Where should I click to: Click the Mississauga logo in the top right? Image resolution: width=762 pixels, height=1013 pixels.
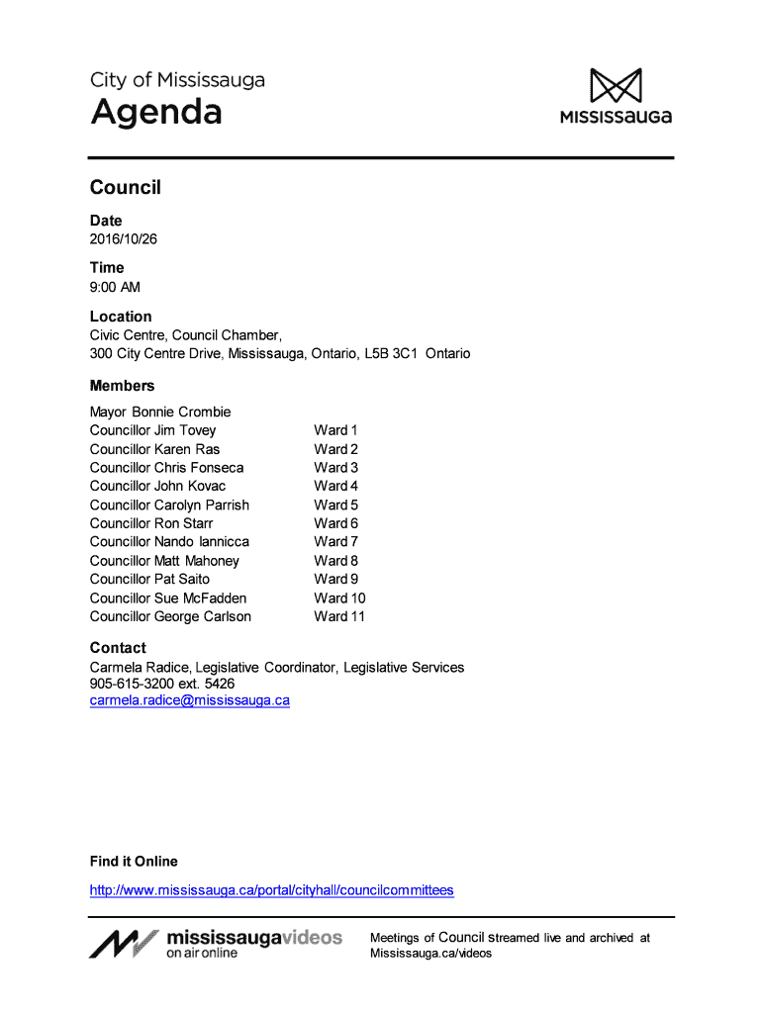pyautogui.click(x=616, y=96)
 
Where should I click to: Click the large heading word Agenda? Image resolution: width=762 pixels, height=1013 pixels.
pyautogui.click(x=156, y=113)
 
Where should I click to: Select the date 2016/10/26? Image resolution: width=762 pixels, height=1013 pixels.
pyautogui.click(x=123, y=239)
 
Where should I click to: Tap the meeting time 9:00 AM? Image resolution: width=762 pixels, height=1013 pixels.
pyautogui.click(x=115, y=287)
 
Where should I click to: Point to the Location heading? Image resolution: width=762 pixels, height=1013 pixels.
pyautogui.click(x=121, y=317)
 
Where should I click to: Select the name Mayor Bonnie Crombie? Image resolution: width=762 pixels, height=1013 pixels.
pyautogui.click(x=159, y=412)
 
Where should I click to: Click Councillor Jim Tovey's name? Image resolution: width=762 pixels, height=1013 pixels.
pyautogui.click(x=152, y=430)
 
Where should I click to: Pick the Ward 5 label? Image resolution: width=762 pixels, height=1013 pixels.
pyautogui.click(x=336, y=505)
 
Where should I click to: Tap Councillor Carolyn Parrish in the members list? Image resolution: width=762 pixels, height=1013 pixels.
pyautogui.click(x=169, y=505)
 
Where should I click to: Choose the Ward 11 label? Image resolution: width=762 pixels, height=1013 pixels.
pyautogui.click(x=339, y=616)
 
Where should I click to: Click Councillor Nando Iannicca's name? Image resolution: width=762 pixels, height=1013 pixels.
pyautogui.click(x=169, y=542)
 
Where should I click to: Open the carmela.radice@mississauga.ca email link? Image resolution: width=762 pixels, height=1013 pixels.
pyautogui.click(x=190, y=700)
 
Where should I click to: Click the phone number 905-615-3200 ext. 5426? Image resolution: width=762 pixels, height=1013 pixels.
pyautogui.click(x=162, y=684)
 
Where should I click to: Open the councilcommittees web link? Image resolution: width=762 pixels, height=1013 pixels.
pyautogui.click(x=271, y=890)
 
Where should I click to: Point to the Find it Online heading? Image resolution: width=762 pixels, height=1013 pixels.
pyautogui.click(x=134, y=861)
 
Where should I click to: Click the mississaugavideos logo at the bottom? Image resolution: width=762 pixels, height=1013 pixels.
pyautogui.click(x=216, y=944)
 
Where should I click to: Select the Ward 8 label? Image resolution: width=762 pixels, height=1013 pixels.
pyautogui.click(x=336, y=561)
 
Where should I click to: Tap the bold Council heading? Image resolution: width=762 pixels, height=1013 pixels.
pyautogui.click(x=125, y=187)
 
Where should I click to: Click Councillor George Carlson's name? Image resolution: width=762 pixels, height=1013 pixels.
pyautogui.click(x=170, y=616)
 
